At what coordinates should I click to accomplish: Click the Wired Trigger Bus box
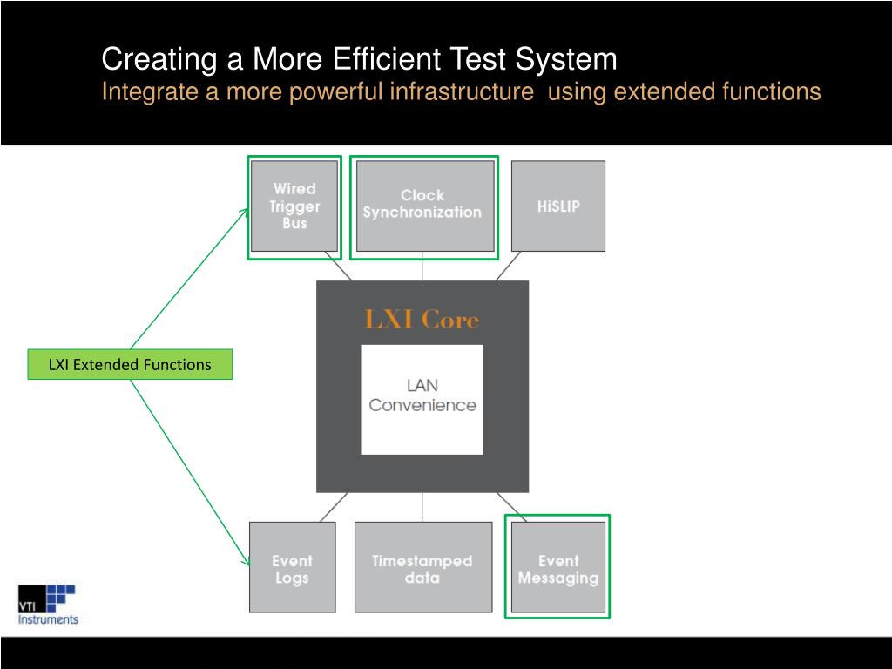(294, 206)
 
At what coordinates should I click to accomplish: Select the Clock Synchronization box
(422, 205)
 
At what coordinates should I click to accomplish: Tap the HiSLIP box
(558, 206)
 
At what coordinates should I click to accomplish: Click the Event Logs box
(292, 568)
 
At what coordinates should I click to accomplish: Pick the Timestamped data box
(422, 568)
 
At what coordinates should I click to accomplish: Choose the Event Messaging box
(558, 568)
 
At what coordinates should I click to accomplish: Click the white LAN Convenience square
(422, 399)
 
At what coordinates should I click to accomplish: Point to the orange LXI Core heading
(422, 320)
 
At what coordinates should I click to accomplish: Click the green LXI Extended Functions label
(130, 365)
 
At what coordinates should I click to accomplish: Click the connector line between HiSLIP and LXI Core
(508, 267)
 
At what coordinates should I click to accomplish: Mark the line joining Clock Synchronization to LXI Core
(422, 268)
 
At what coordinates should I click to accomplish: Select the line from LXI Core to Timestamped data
(422, 507)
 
